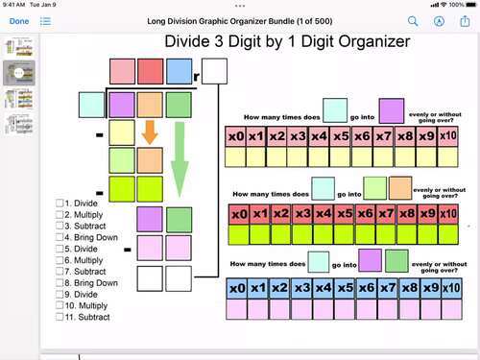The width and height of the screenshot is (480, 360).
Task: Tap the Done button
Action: (19, 20)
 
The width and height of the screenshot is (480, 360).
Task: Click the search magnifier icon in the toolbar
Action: (414, 20)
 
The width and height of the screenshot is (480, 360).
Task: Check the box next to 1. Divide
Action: (60, 203)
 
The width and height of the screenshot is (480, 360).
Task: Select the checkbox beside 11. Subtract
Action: (60, 316)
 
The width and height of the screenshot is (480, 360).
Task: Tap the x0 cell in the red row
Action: (238, 212)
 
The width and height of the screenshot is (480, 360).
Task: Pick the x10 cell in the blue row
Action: (448, 287)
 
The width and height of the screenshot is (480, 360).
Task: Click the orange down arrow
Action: (149, 132)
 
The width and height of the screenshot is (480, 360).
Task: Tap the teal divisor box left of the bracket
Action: (92, 104)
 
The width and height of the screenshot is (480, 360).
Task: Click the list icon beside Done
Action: (46, 20)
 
